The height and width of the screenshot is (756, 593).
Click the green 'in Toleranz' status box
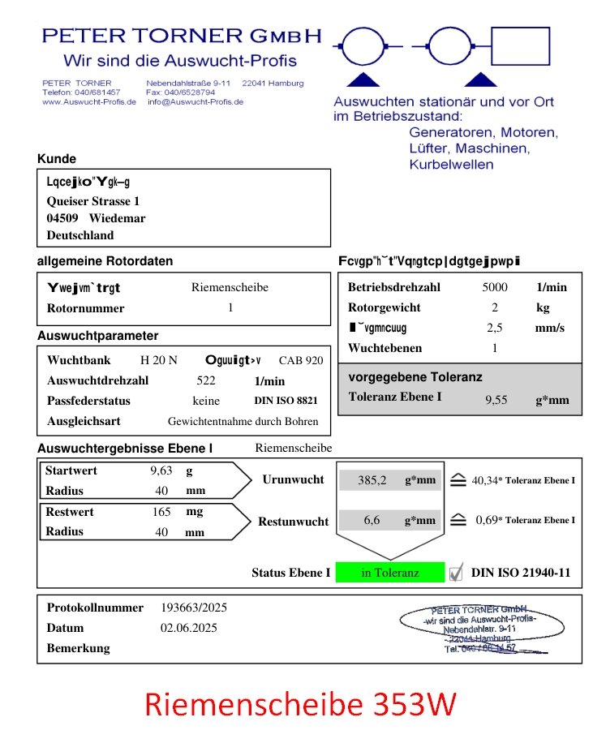tap(390, 573)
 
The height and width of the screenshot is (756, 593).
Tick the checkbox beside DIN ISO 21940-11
tap(456, 573)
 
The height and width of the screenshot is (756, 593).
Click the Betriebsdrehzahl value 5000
tap(495, 287)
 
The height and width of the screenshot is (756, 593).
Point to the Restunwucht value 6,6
tap(372, 521)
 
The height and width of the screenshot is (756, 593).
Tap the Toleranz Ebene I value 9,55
tap(496, 399)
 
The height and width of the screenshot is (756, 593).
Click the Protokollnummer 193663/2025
tap(194, 608)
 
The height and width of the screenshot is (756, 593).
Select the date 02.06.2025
tap(189, 628)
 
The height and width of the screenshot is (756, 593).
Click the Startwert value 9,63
tap(161, 470)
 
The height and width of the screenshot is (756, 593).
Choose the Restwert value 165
tap(161, 512)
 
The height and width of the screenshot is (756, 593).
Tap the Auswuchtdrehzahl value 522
tap(206, 380)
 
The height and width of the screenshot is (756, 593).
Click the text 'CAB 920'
tap(300, 360)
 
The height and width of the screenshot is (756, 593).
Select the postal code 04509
tap(62, 218)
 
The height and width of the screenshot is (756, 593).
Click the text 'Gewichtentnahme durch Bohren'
tap(243, 422)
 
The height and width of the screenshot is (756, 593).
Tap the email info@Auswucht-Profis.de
tap(195, 102)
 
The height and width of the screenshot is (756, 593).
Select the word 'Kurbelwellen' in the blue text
tap(451, 165)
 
